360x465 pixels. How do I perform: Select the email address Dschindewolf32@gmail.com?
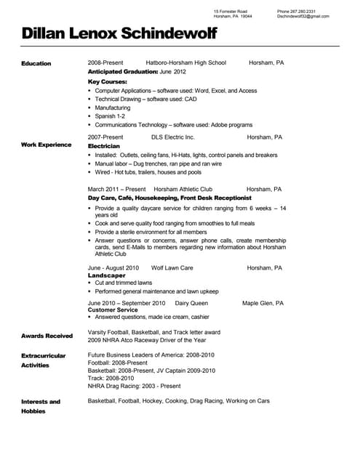[x=303, y=17]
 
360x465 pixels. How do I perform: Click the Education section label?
[x=36, y=63]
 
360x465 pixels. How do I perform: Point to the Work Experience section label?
[x=47, y=145]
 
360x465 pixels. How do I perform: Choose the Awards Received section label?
[x=47, y=336]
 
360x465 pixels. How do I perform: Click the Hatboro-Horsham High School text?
[x=186, y=63]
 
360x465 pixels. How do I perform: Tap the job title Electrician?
[x=104, y=145]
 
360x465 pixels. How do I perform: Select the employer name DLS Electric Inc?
[x=173, y=137]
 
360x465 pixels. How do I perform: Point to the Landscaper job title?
[x=106, y=275]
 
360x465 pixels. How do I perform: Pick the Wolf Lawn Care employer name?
[x=172, y=267]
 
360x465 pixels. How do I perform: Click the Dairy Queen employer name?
[x=191, y=302]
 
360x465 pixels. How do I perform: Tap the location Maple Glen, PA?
[x=263, y=302]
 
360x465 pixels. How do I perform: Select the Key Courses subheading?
[x=107, y=81]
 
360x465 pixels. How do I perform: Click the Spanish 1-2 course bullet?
[x=110, y=116]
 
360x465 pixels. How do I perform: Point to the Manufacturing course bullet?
[x=113, y=108]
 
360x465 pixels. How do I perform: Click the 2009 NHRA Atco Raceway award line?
[x=146, y=340]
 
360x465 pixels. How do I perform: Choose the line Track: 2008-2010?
[x=111, y=378]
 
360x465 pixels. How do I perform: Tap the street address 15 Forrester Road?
[x=231, y=12]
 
